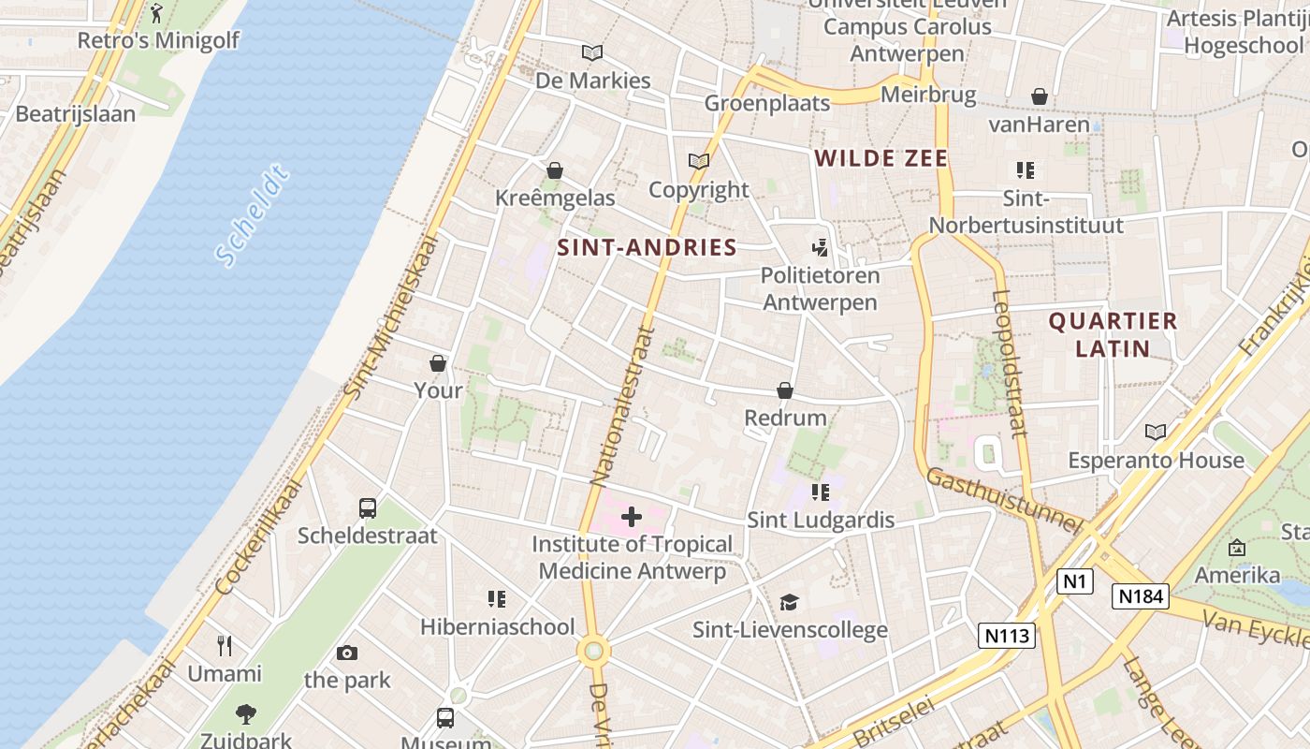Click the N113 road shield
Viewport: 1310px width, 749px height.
(1008, 636)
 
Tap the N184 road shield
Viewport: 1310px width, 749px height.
(1141, 595)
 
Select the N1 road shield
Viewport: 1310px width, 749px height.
(1075, 581)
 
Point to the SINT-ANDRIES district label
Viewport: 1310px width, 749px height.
(648, 247)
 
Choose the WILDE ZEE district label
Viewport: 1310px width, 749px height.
(881, 158)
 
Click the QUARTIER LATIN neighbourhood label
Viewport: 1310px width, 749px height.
(1113, 334)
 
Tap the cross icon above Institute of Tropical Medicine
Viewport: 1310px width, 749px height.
(632, 517)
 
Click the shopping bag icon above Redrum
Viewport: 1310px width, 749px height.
(785, 390)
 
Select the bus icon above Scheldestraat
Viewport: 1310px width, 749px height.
(368, 508)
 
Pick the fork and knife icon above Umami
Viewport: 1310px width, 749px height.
(225, 645)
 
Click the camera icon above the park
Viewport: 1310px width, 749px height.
(347, 653)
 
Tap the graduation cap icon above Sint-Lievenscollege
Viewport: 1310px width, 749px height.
(790, 602)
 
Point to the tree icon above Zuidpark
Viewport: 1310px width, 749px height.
(246, 714)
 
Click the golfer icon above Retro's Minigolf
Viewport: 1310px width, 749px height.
(156, 13)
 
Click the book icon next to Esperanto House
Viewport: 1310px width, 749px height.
(1156, 432)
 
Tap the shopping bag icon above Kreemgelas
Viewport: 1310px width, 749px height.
(555, 170)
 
